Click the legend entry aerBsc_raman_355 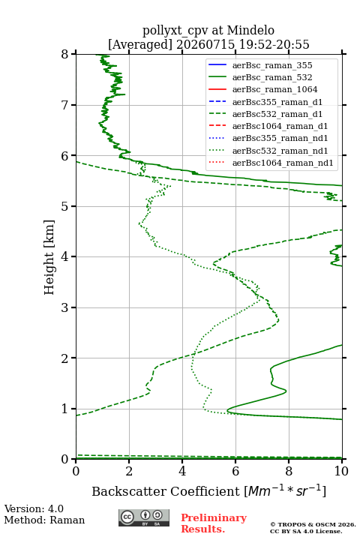272,65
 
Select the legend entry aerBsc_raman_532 272,77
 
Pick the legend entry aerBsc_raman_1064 275,89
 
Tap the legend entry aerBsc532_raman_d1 277,114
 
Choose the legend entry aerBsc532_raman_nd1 280,151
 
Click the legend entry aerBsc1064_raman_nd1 283,163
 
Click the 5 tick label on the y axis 65,206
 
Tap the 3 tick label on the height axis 65,307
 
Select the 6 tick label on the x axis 235,471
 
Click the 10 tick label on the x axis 342,471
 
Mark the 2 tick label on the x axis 129,471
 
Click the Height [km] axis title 49,257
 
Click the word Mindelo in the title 250,30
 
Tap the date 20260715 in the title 205,44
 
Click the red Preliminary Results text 214,523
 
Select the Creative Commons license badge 144,517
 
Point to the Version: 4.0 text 34,508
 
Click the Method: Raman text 44,520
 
